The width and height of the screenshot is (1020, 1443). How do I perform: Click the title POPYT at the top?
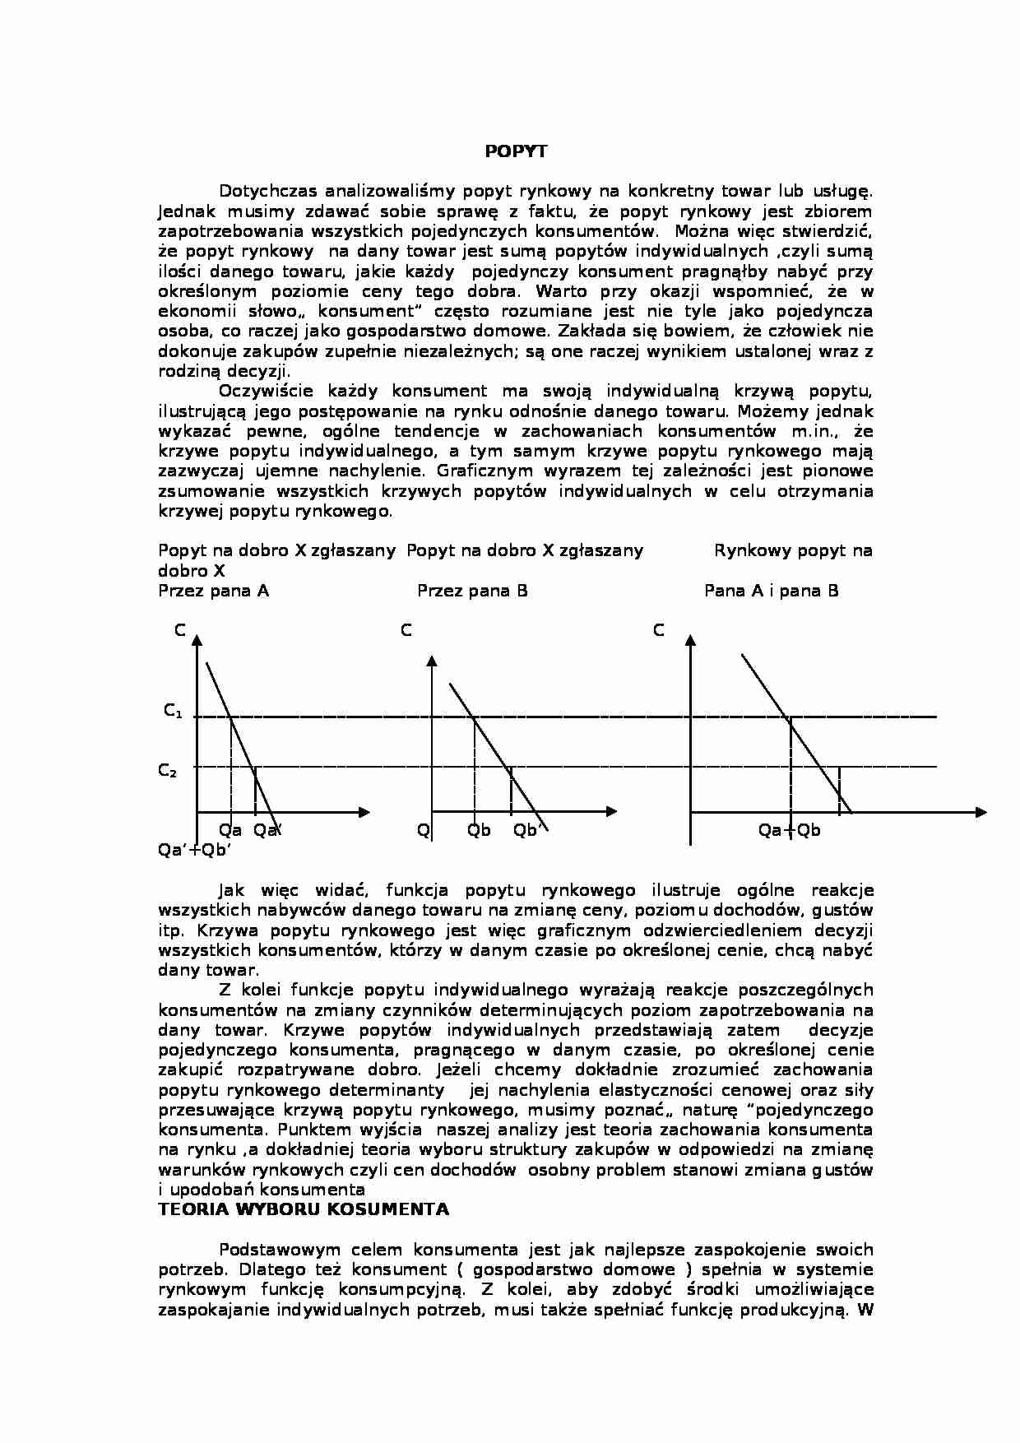(515, 151)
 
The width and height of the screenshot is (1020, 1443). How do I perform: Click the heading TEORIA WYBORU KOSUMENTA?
(304, 1209)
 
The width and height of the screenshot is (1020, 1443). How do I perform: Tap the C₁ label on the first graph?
(173, 711)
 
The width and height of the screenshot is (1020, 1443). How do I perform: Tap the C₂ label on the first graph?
(167, 771)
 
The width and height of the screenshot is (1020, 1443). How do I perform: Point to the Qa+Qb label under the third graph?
(789, 830)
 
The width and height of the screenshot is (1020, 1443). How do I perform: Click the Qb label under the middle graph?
(479, 830)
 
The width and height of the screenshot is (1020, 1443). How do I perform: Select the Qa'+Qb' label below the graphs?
(194, 851)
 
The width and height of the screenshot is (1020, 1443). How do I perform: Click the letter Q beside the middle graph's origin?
(423, 830)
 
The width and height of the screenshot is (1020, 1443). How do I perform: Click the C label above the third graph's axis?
(658, 630)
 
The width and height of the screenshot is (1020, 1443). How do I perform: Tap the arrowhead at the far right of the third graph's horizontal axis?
(981, 812)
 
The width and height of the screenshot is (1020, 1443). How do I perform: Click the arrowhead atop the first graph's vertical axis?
(197, 638)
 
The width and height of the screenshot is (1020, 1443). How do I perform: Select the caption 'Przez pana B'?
(472, 591)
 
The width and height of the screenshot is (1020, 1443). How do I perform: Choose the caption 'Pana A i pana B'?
(771, 591)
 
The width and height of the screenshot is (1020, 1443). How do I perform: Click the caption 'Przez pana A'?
(213, 591)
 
